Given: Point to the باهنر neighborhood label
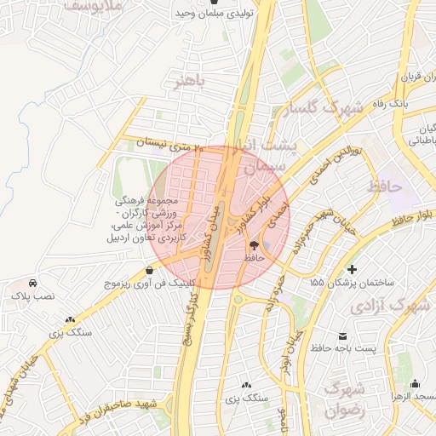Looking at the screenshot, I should point(189,82).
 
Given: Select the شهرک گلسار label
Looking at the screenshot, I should point(327,108).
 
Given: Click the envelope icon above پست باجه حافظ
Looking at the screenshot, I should point(343,336).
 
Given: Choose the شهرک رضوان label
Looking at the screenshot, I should point(344,399).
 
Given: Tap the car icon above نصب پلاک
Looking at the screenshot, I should point(32,282).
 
